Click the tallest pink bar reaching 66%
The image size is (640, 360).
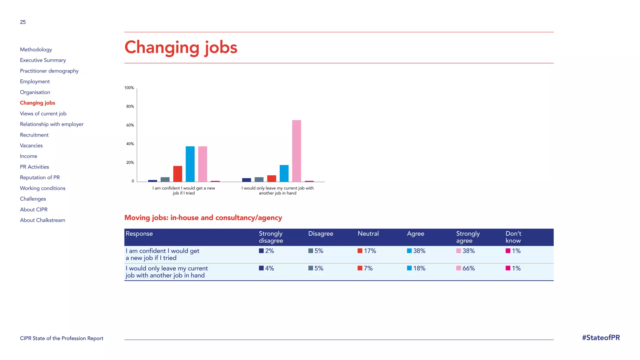296,151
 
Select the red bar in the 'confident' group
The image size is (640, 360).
177,174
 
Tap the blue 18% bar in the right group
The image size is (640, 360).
284,173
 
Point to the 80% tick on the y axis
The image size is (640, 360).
130,107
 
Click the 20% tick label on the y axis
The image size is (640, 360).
130,162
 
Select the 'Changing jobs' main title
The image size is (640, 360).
181,47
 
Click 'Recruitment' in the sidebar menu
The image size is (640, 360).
34,135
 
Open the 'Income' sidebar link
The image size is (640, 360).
28,156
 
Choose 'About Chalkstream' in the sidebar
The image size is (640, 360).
42,220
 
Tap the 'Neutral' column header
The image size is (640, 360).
368,234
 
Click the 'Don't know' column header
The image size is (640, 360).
513,237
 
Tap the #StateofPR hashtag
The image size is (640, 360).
601,338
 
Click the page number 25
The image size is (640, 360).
23,22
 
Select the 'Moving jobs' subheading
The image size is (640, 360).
203,218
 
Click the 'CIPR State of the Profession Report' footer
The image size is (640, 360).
62,338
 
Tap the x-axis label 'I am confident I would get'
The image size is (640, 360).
183,188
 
